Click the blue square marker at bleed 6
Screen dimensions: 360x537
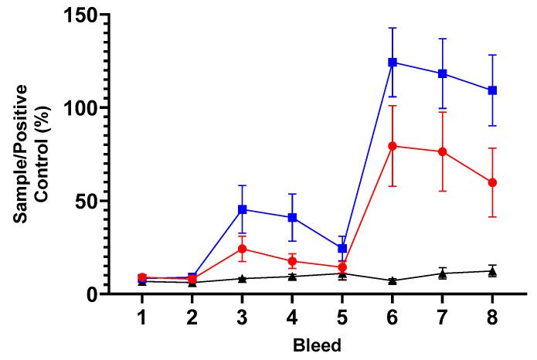click(393, 62)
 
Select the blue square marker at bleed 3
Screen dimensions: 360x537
click(242, 209)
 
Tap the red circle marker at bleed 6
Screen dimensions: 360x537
click(393, 146)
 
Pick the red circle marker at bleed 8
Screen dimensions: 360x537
click(492, 182)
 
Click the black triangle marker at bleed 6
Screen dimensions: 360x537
click(393, 280)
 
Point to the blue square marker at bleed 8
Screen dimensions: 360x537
click(492, 90)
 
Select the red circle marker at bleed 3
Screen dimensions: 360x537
click(242, 249)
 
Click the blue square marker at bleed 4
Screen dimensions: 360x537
click(292, 217)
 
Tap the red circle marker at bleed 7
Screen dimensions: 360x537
click(443, 151)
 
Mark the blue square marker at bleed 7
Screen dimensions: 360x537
click(443, 73)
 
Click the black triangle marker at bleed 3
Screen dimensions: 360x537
click(242, 278)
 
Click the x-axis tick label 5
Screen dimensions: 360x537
click(342, 317)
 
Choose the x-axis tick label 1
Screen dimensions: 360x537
click(142, 317)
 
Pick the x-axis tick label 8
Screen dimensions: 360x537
click(492, 317)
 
